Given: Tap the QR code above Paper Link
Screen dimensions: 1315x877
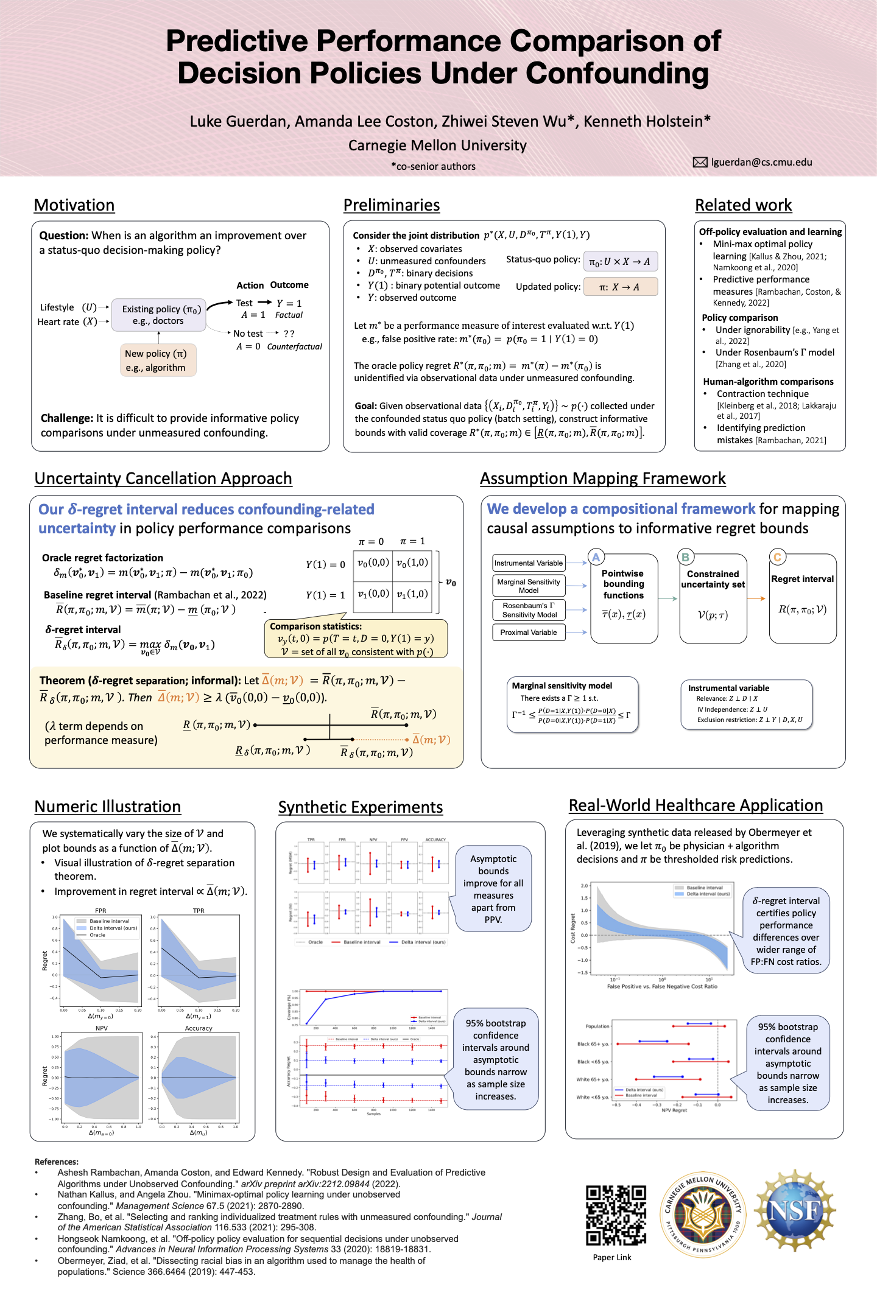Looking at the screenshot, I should (x=616, y=1215).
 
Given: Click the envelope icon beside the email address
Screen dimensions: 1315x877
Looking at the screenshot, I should (x=700, y=162).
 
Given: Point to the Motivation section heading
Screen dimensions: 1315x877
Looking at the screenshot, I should (x=74, y=205).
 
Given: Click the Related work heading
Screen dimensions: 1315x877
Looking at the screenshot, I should (x=743, y=205).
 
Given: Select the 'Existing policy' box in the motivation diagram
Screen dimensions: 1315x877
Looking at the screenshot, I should (x=159, y=315).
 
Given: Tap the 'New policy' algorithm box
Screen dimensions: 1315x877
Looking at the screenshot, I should (x=158, y=360).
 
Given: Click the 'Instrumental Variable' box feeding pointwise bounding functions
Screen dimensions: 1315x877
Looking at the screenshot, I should (x=529, y=563).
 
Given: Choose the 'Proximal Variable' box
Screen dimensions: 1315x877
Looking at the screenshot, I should (x=529, y=633).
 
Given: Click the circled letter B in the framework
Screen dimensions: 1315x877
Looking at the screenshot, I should (x=686, y=557).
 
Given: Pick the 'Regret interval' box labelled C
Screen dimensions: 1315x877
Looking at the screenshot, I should (x=803, y=598).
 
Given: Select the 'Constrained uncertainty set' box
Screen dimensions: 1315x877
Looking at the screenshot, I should (x=713, y=598).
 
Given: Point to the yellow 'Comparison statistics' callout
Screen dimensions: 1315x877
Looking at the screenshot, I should (x=356, y=639).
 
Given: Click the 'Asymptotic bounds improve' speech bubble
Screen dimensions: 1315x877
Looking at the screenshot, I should (x=493, y=888).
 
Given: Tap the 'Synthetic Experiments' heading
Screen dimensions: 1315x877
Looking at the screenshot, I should (x=361, y=807).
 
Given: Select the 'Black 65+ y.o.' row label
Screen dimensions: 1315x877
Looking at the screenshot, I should (x=593, y=1043).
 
